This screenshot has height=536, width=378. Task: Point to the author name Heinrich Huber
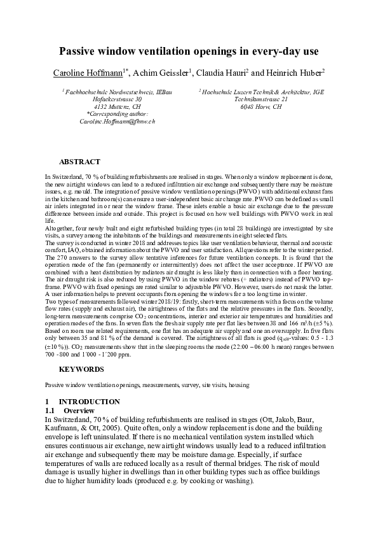click(296, 73)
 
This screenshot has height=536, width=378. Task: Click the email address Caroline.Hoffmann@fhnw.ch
click(117, 120)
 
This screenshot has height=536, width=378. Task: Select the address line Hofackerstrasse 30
click(117, 99)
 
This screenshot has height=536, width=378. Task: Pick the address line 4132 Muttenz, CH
click(117, 106)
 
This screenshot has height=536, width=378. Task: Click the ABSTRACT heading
click(79, 162)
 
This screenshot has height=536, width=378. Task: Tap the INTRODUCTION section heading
click(89, 402)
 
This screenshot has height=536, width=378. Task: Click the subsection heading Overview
click(79, 411)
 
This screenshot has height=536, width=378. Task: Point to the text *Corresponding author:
click(117, 113)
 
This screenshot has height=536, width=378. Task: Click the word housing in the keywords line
click(238, 385)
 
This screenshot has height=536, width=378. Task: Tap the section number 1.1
click(50, 411)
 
